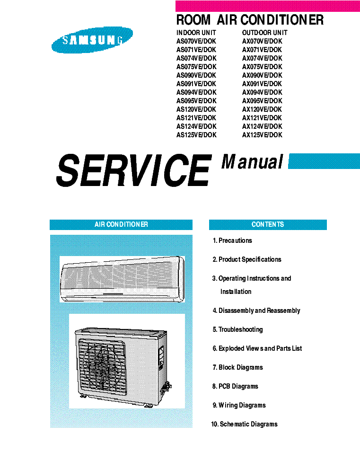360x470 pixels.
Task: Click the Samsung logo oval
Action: pos(92,40)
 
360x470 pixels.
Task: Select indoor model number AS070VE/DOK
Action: pos(196,41)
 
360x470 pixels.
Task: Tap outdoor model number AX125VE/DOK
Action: pos(262,135)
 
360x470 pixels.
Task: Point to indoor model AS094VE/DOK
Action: pos(196,92)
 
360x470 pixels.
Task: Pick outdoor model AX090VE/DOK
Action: pos(262,75)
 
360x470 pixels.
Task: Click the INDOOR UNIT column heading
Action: pos(196,33)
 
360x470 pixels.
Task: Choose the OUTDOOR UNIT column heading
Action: pos(265,33)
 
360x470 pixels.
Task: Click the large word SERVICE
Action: pos(134,170)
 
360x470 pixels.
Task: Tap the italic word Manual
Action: pos(252,162)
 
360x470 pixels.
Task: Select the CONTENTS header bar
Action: pos(268,224)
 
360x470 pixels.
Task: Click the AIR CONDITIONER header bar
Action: pos(121,224)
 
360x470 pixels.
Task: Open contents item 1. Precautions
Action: pos(232,241)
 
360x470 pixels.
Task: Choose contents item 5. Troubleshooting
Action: pos(238,330)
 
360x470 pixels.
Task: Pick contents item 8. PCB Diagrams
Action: pos(236,386)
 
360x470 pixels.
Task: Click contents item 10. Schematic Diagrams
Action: pos(245,424)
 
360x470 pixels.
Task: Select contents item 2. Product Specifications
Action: pos(247,259)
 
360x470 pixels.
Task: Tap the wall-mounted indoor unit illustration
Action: pos(123,279)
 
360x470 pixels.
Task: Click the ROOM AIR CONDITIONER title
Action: pos(250,20)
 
